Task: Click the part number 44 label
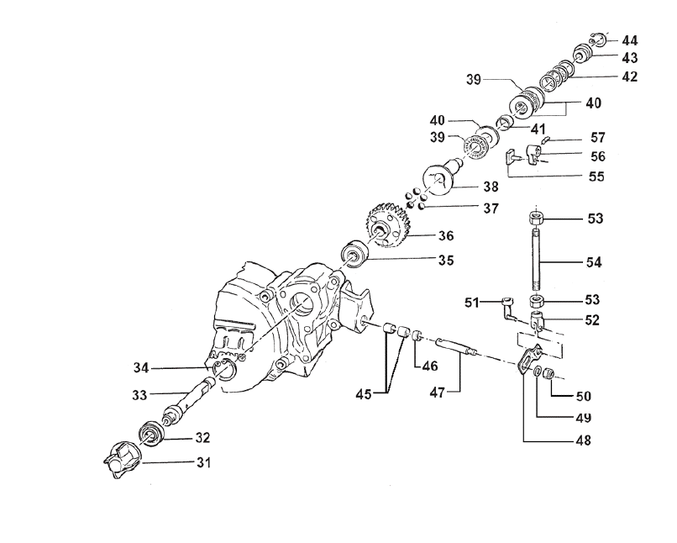point(629,40)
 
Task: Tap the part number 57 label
point(597,136)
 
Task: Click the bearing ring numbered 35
point(353,254)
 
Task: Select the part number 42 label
point(629,76)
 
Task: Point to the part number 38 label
point(490,186)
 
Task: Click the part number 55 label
point(596,177)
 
